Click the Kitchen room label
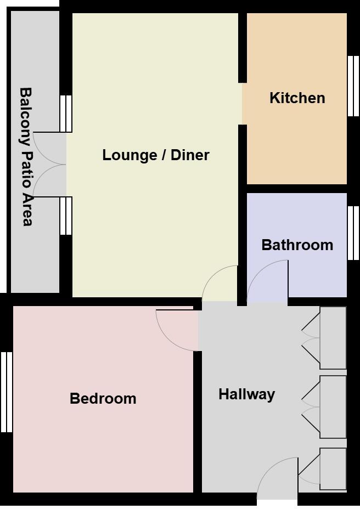point(297,98)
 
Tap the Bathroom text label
point(297,245)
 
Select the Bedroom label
point(103,399)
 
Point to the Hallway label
point(246,394)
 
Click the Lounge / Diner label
point(156,155)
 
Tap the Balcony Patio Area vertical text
point(26,156)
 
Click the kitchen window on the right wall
point(353,86)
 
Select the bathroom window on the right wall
point(353,233)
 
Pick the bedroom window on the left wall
point(6,392)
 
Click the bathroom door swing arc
point(267,281)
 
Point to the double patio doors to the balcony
point(49,165)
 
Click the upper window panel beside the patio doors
point(66,114)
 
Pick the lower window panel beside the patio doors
point(66,216)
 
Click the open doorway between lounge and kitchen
point(242,104)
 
